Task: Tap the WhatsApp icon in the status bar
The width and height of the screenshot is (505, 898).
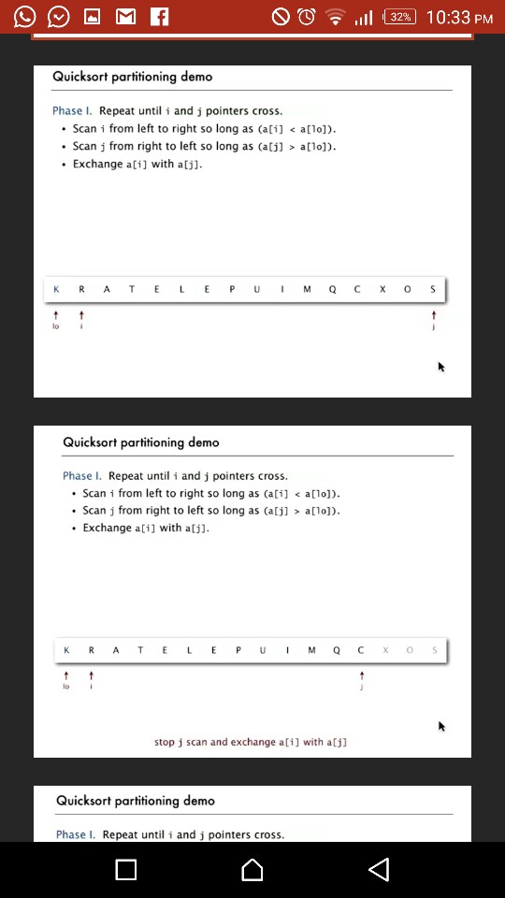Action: click(x=25, y=17)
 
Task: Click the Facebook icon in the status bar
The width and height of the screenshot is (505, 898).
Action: click(x=159, y=17)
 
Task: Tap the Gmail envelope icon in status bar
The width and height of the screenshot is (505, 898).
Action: click(x=125, y=17)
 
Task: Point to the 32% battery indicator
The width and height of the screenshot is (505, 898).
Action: click(x=399, y=17)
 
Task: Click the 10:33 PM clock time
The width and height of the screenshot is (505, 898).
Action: click(x=458, y=17)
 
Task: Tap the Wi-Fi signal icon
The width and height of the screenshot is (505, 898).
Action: click(x=334, y=17)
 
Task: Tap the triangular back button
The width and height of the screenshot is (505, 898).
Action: click(x=378, y=870)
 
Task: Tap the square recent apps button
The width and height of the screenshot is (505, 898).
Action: click(x=126, y=870)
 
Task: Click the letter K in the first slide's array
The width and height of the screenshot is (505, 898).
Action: click(x=56, y=290)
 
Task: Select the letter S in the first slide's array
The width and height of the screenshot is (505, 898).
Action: click(x=433, y=290)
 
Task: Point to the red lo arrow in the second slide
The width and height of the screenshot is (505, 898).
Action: click(x=66, y=675)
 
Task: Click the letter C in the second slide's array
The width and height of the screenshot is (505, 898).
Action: click(x=361, y=650)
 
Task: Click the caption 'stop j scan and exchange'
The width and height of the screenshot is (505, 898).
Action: click(x=251, y=742)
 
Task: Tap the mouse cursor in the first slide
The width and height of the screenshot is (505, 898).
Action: click(x=441, y=367)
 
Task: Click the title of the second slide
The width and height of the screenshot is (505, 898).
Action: click(x=141, y=442)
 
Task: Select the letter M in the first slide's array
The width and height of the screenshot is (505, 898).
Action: click(x=307, y=290)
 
